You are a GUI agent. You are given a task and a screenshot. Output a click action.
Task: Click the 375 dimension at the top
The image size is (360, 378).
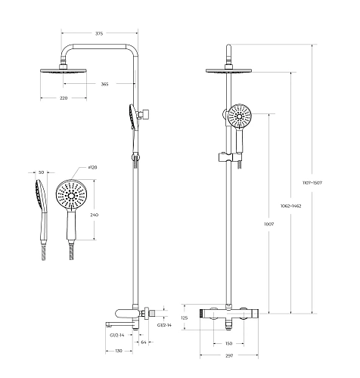coord(99,33)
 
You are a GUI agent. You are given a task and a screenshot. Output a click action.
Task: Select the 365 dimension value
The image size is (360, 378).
coord(104,84)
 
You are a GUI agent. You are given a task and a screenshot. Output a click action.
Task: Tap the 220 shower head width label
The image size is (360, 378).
coord(64,98)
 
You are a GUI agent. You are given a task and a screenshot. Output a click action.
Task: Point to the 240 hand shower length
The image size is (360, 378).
coord(95,215)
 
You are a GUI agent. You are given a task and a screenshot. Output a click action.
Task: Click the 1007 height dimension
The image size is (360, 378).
coord(268,224)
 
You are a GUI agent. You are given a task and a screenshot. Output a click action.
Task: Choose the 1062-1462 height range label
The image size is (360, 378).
coord(290,206)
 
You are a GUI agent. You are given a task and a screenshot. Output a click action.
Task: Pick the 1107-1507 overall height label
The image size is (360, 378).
coord(312,183)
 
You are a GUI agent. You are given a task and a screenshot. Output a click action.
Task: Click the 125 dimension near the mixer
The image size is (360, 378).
coord(185,318)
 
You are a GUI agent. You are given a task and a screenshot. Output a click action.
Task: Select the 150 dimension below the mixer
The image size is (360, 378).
coord(228,343)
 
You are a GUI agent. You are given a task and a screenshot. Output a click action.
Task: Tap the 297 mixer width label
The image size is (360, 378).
coord(229,356)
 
